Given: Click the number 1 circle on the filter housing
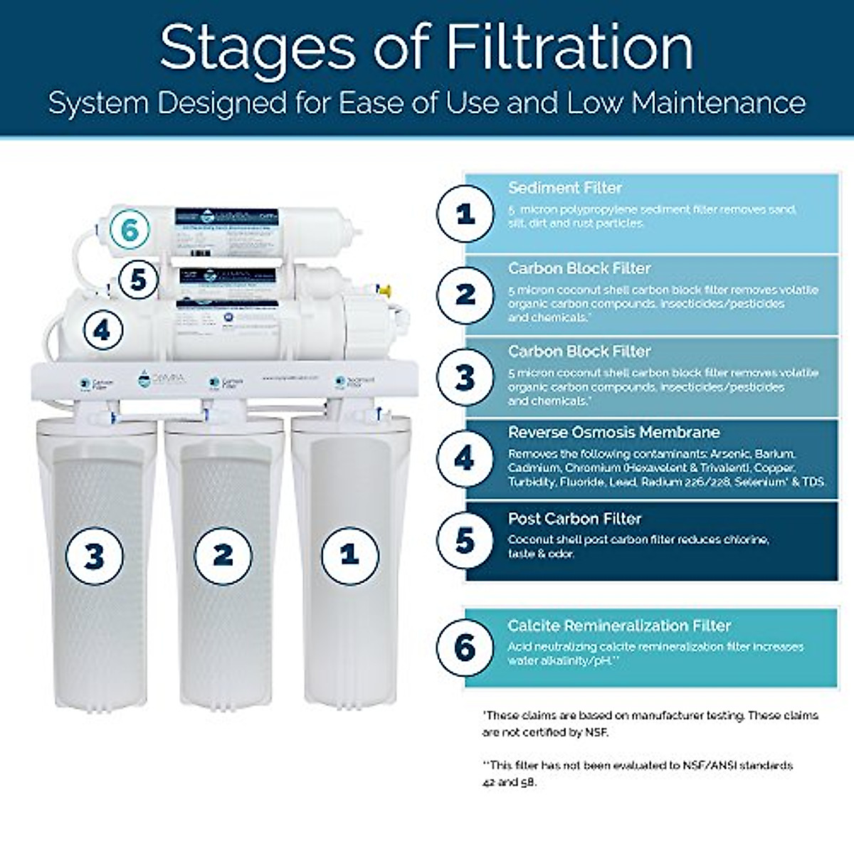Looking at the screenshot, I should [x=349, y=555].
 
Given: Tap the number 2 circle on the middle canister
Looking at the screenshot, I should [x=223, y=555].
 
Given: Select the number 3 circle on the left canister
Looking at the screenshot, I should [x=95, y=556].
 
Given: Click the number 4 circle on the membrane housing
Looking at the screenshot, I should [x=104, y=330].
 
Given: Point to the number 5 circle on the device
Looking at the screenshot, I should [x=138, y=280].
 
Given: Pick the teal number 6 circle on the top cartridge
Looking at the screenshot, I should [x=129, y=230].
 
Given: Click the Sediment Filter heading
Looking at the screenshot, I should [x=564, y=188].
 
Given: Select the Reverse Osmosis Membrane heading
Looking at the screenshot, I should [x=613, y=433].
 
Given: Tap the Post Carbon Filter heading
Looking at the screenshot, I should [x=574, y=519].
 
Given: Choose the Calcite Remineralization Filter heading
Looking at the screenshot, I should [x=619, y=626].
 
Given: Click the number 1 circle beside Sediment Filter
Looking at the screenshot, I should [x=465, y=213].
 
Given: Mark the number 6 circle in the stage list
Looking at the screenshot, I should [x=465, y=647].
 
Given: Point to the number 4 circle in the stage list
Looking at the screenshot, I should [x=465, y=458].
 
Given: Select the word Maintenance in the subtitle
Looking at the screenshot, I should [x=719, y=103].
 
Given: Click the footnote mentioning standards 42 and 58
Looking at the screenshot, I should [x=637, y=774].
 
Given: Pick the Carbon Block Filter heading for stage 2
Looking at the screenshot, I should [x=579, y=268].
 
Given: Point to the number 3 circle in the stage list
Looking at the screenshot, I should [x=465, y=376].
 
